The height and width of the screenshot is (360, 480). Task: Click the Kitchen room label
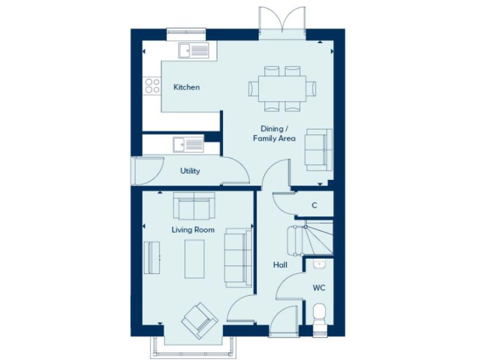(187, 87)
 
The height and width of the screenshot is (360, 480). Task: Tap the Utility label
(190, 171)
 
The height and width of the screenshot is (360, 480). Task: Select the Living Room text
(193, 230)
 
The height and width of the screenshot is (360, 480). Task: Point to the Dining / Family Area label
(274, 134)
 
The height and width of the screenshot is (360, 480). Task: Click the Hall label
(280, 265)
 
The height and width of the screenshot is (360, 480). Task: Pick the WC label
(319, 288)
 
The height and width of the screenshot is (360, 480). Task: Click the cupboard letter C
(314, 205)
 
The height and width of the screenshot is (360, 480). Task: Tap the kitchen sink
(193, 51)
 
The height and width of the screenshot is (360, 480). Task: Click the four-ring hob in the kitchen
(152, 86)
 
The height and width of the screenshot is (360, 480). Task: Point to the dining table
(282, 87)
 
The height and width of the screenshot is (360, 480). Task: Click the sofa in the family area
(319, 150)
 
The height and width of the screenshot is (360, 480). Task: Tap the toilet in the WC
(319, 314)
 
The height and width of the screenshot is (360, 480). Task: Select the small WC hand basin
(319, 264)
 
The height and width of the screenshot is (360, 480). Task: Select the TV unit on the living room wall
(151, 257)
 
